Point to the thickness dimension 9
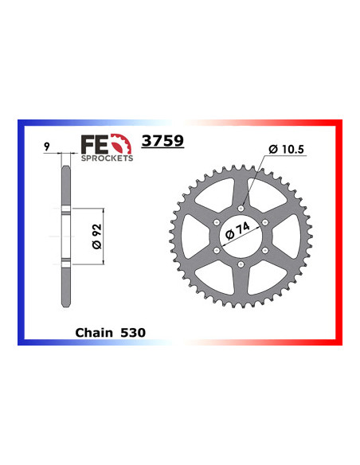49,146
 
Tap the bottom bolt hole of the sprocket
241,264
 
